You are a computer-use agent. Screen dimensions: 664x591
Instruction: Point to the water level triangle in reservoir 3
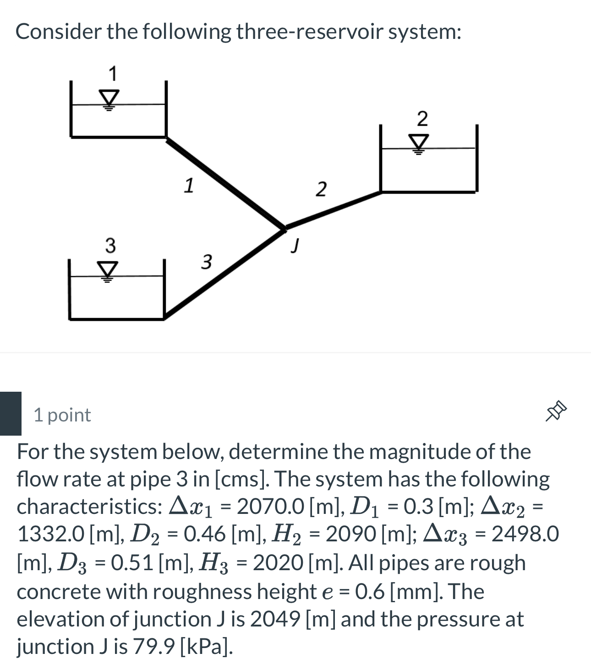(108, 270)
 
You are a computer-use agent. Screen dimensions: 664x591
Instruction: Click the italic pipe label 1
(188, 185)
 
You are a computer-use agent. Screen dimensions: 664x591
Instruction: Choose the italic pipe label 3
(207, 262)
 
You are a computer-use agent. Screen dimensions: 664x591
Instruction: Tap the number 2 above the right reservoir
(422, 119)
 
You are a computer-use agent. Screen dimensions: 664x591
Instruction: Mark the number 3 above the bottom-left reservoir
(110, 245)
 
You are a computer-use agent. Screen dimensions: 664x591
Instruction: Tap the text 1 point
(62, 415)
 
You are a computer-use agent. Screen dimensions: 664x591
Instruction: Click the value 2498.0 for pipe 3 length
(525, 534)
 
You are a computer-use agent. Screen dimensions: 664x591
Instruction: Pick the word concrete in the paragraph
(59, 591)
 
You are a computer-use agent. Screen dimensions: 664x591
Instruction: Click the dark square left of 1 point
(11, 413)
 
